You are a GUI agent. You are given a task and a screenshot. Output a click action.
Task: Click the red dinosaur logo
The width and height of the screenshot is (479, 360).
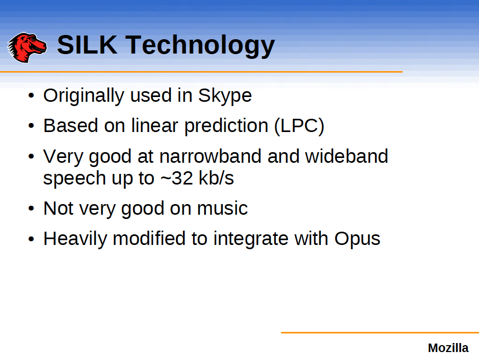[x=27, y=47]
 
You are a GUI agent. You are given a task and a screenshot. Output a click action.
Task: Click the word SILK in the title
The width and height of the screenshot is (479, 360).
[x=87, y=45]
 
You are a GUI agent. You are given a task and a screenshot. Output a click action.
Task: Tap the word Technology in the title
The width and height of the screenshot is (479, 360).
[x=200, y=46]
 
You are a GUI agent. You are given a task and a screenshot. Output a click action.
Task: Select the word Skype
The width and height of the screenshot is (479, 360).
[x=225, y=96]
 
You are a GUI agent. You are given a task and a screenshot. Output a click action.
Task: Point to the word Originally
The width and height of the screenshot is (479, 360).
[x=84, y=96]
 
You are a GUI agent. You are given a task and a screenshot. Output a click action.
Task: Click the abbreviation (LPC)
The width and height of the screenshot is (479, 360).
[x=299, y=126]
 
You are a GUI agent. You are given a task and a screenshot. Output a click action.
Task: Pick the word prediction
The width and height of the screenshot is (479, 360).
[x=227, y=126]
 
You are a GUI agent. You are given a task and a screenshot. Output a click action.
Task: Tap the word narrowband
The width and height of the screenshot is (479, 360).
[x=210, y=156]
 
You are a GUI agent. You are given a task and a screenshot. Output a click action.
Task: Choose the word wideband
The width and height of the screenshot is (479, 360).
[x=346, y=156]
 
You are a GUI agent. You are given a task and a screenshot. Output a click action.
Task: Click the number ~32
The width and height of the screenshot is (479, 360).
[x=177, y=178]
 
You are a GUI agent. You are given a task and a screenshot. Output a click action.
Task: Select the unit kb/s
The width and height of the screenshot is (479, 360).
[x=216, y=178]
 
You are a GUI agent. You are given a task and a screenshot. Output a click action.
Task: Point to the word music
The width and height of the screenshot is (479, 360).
[x=222, y=208]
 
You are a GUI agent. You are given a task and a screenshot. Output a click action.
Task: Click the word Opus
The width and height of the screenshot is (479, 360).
[x=357, y=239]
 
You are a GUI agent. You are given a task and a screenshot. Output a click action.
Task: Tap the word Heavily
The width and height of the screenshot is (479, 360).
[x=75, y=239]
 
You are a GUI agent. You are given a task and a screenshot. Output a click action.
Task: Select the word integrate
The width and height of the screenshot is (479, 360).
[x=251, y=239]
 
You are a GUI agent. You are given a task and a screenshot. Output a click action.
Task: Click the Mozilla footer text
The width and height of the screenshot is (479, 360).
[x=448, y=348]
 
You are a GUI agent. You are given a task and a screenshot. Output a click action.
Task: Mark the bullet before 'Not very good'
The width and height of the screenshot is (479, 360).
[x=31, y=208]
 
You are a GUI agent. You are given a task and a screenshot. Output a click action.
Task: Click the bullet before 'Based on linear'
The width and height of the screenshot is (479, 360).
[x=31, y=126]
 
